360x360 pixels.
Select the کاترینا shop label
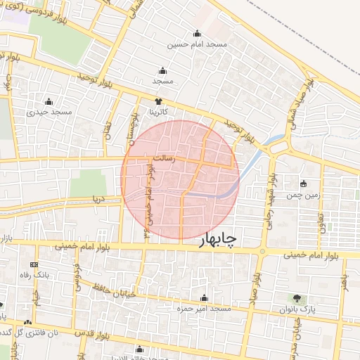[157, 112]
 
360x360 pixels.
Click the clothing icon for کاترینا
[157, 101]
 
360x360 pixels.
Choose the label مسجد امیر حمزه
[205, 309]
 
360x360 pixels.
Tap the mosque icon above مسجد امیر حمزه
[205, 298]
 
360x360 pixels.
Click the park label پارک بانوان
[297, 309]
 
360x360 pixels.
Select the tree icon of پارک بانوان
[297, 298]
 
